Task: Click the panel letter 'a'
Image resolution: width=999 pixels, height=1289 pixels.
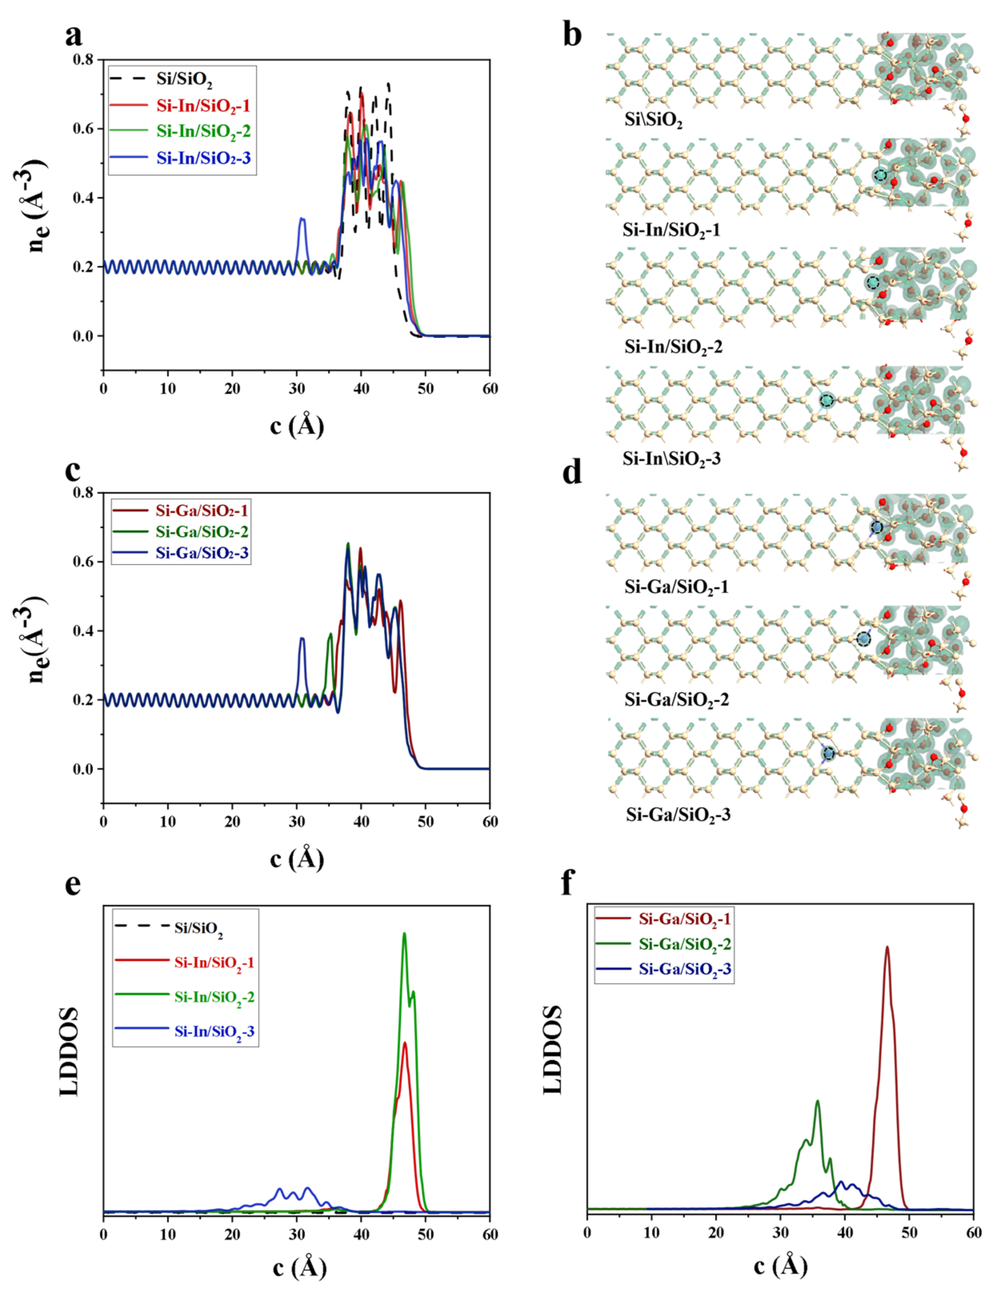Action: pyautogui.click(x=73, y=36)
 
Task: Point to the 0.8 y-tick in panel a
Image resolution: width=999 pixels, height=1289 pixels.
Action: pyautogui.click(x=83, y=60)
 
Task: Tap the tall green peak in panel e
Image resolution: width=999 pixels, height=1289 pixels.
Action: pyautogui.click(x=404, y=934)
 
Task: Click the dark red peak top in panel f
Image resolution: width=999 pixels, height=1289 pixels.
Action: pyautogui.click(x=887, y=947)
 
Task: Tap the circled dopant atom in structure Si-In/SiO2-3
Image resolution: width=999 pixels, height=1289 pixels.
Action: pyautogui.click(x=827, y=401)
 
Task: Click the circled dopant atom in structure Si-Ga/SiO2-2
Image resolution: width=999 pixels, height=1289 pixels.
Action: pyautogui.click(x=864, y=639)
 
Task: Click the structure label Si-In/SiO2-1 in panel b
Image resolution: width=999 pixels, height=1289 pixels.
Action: pyautogui.click(x=671, y=230)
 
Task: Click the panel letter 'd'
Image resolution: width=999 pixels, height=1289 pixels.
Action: pyautogui.click(x=572, y=474)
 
